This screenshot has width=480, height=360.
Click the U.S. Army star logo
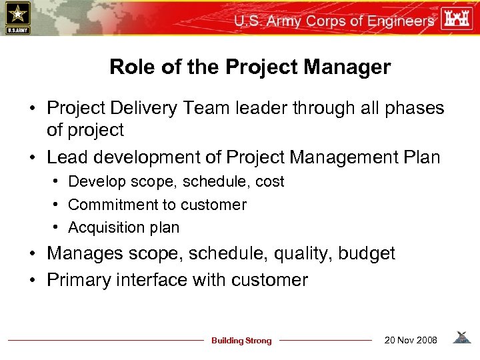17,17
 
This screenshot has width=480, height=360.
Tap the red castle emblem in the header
460,19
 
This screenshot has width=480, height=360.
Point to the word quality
303,254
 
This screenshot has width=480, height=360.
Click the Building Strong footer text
241,341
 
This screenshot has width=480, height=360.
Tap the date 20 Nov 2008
411,341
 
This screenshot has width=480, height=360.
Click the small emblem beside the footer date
461,338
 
